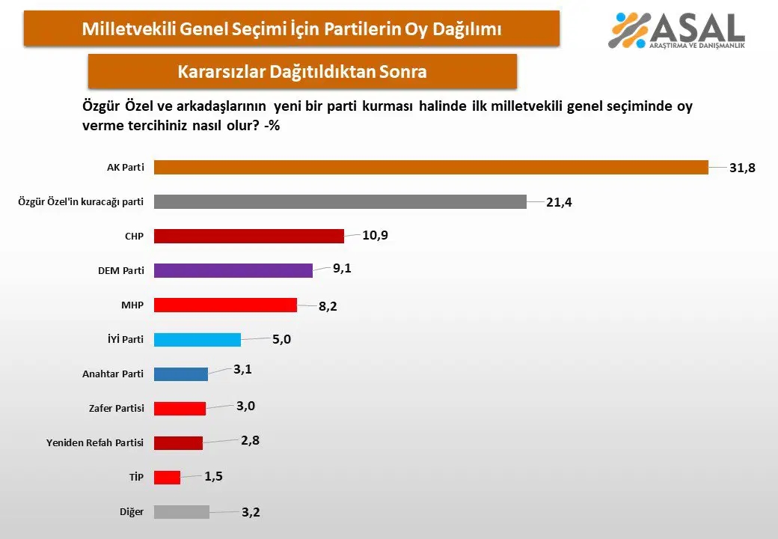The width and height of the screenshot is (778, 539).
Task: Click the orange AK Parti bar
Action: click(431, 167)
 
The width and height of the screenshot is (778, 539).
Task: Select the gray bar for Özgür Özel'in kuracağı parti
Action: click(340, 201)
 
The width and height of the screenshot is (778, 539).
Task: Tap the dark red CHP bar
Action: click(249, 236)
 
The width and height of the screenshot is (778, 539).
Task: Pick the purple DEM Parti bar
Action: click(233, 270)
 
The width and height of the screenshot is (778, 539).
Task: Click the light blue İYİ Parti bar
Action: click(197, 339)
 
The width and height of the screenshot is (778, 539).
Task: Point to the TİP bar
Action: click(168, 477)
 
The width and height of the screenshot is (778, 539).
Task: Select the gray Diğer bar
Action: click(182, 512)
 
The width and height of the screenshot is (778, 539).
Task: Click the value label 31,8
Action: click(742, 168)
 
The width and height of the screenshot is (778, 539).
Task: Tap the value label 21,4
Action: click(560, 202)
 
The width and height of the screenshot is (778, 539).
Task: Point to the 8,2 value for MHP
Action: click(328, 306)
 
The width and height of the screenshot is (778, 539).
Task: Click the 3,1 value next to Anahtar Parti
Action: click(242, 369)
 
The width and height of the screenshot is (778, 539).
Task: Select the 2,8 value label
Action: click(250, 440)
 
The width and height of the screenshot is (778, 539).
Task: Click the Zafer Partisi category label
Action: click(117, 408)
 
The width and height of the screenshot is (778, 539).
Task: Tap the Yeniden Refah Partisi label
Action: click(95, 442)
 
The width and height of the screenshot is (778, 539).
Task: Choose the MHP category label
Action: click(132, 305)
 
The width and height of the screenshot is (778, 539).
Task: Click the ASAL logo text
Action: click(696, 28)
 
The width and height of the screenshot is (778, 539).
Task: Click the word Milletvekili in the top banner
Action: click(129, 28)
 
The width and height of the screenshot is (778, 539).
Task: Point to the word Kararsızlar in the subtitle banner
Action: click(221, 71)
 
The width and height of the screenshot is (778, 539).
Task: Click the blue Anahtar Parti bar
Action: click(180, 374)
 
